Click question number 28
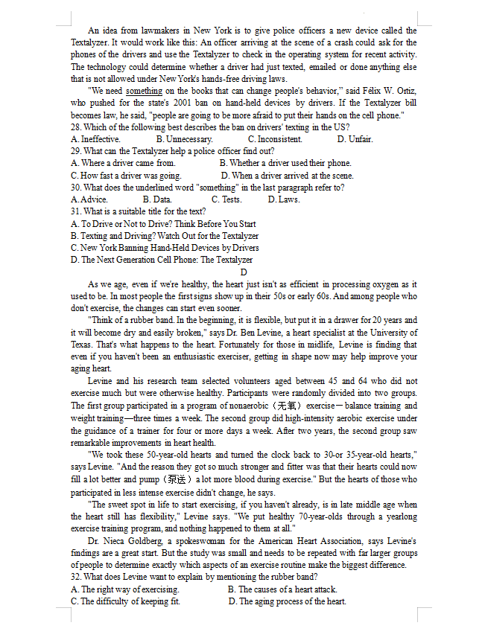point(76,127)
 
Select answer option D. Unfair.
point(355,139)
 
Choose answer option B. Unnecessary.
point(184,139)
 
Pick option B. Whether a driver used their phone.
point(285,163)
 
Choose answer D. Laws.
point(283,199)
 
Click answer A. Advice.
point(89,199)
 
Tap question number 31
point(76,211)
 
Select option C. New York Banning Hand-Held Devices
point(165,248)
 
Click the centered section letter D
point(244,272)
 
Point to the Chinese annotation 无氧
point(287,406)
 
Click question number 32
point(76,577)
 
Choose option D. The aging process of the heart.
point(287,601)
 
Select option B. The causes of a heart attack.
point(282,589)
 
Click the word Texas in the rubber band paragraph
point(82,345)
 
